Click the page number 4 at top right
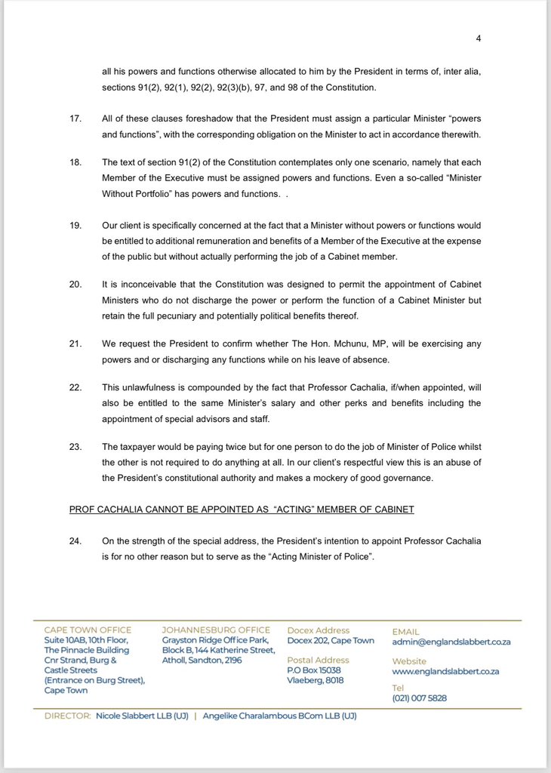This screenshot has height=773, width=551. tap(478, 39)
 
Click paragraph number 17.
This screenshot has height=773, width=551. tap(75, 119)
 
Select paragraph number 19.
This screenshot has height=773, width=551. tap(75, 226)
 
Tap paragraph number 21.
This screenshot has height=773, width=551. tap(75, 343)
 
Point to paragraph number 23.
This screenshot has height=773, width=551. tap(75, 446)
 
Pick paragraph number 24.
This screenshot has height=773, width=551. tap(75, 540)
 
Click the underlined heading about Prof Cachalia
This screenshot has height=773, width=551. tap(241, 510)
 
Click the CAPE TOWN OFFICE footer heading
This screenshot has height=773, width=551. tap(88, 630)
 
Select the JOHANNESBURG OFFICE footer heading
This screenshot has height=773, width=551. tap(216, 630)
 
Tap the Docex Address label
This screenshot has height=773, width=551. tap(319, 630)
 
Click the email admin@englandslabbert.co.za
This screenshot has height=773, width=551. tap(451, 642)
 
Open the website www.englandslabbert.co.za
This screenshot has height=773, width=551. tap(445, 672)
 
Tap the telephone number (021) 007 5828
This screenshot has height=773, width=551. tap(419, 699)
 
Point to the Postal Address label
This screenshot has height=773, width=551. tap(319, 661)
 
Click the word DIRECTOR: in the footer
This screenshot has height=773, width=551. tap(68, 716)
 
